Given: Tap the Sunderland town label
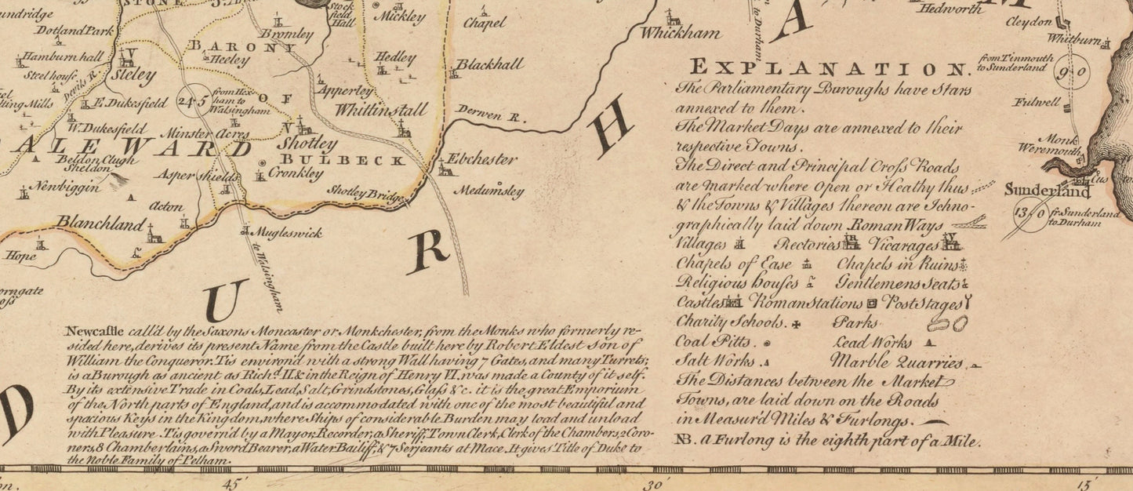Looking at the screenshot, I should (1048, 191).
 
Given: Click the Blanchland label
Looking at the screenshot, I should (100, 224).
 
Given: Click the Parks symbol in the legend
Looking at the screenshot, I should (946, 322).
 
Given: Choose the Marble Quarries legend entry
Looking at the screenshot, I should (896, 363).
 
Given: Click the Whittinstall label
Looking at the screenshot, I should (382, 110).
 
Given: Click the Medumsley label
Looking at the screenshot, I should (488, 189).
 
